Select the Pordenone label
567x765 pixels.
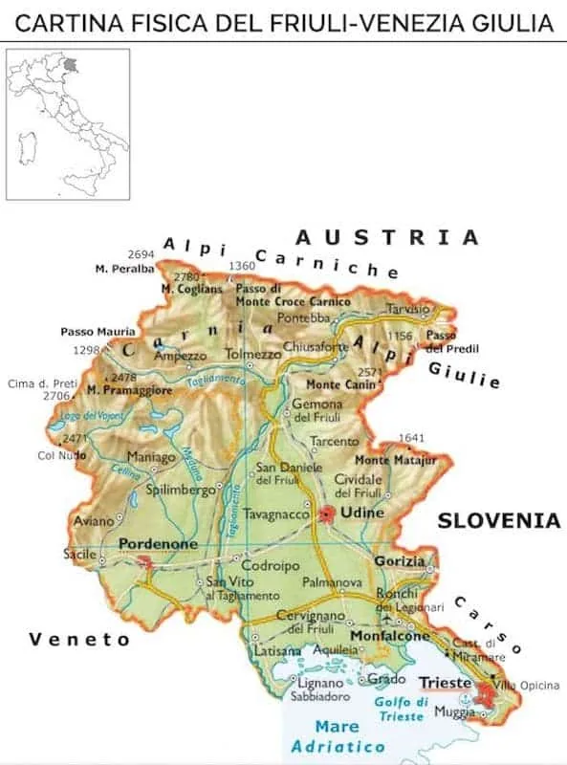pos(158,543)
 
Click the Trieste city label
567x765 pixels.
pos(445,683)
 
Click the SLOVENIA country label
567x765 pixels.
pos(498,521)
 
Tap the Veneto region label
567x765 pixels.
pos(78,639)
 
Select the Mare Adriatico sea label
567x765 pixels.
pos(339,736)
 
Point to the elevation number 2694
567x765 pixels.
pos(141,254)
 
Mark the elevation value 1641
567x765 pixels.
pos(410,438)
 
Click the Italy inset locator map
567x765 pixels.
pos(68,123)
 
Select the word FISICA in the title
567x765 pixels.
pos(136,21)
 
